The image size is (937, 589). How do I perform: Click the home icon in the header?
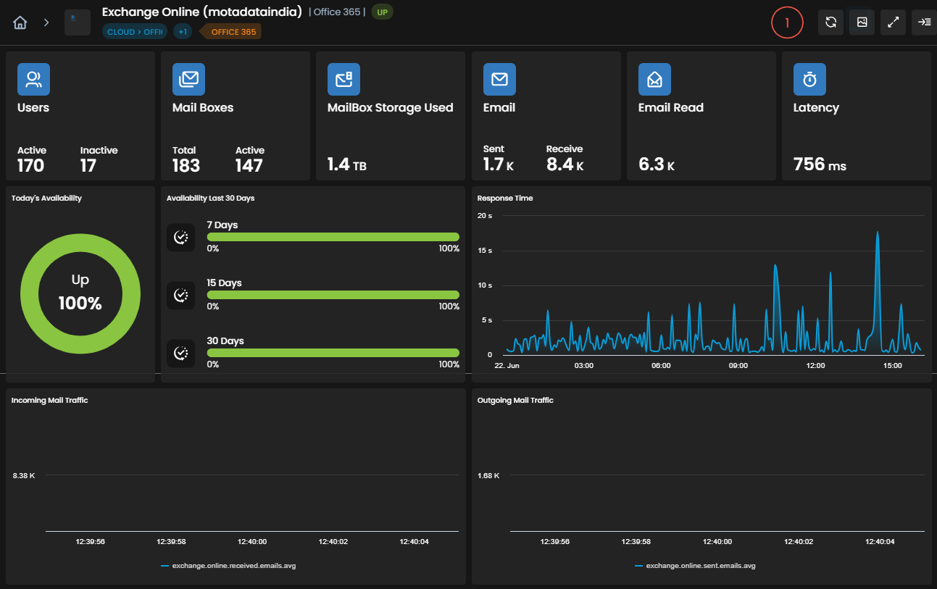[20, 22]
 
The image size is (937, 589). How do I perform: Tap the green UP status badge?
[382, 12]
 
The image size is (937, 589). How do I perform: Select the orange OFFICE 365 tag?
[233, 32]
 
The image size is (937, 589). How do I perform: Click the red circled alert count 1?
[787, 22]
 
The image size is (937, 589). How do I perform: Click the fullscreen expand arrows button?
[893, 22]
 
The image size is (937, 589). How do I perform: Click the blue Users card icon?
[33, 79]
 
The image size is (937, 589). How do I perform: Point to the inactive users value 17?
[88, 165]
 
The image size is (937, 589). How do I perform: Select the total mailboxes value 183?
[186, 165]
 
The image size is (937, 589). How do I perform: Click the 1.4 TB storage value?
[347, 164]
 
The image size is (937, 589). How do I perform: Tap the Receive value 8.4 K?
[565, 164]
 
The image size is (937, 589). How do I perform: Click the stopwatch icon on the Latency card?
[809, 79]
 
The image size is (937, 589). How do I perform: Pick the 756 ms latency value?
[820, 164]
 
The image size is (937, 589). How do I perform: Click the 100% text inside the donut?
[80, 303]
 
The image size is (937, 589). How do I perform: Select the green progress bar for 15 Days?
[333, 295]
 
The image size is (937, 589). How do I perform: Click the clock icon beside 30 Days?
[180, 353]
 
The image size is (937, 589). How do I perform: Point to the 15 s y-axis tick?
[485, 251]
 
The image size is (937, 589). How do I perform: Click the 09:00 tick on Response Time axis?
[738, 366]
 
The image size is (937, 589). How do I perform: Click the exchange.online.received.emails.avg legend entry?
[228, 566]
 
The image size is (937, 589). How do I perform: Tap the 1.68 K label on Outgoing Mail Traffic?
[488, 476]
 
